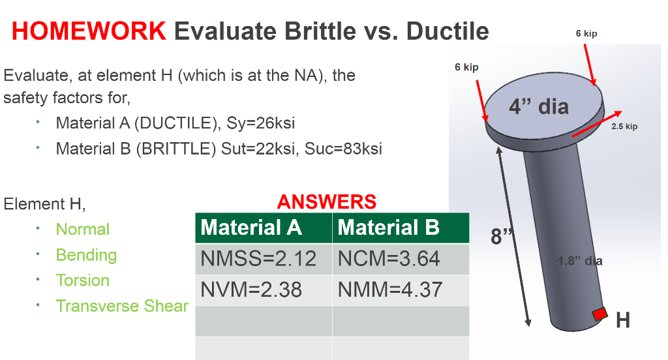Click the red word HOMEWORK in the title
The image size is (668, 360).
(89, 31)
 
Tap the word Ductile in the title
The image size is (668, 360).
(448, 31)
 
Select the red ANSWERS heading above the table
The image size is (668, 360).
(327, 202)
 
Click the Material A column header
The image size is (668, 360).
(251, 228)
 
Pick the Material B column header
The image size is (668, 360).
(388, 228)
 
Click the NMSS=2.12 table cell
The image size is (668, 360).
(258, 259)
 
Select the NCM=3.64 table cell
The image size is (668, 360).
(389, 259)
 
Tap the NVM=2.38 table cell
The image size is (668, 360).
(251, 290)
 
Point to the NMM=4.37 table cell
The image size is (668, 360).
(390, 290)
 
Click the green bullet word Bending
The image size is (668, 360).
(87, 255)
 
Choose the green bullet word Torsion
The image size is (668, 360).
(83, 280)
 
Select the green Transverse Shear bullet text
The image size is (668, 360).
(122, 306)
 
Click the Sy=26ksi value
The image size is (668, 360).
(261, 123)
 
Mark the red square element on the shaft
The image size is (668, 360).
(600, 314)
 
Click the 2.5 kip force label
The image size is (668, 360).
(624, 126)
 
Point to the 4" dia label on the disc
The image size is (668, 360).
(539, 106)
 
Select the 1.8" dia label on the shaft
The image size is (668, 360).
(580, 261)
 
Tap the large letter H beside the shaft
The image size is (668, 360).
(623, 320)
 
